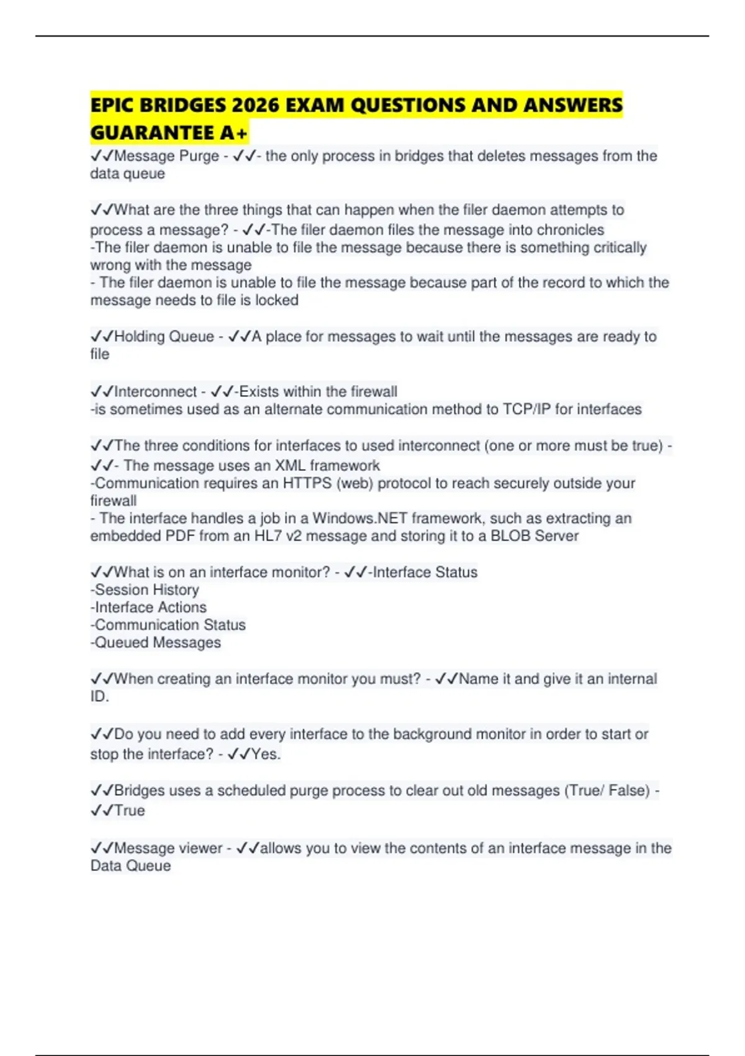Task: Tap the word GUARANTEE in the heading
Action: [x=152, y=133]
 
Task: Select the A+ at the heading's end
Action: [x=233, y=133]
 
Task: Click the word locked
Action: [x=277, y=301]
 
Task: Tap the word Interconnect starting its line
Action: [x=155, y=392]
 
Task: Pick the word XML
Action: [x=291, y=466]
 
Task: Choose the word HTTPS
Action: [x=307, y=483]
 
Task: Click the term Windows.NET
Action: [x=359, y=519]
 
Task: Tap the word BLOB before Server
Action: [x=510, y=536]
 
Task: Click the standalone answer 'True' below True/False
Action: [x=129, y=811]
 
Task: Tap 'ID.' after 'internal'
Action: [x=99, y=697]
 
